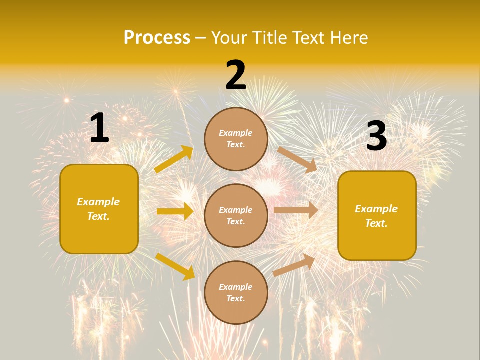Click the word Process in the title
point(157,38)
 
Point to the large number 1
point(99,128)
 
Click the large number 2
point(236,75)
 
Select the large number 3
point(376,136)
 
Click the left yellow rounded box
point(99,209)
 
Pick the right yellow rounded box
point(377,216)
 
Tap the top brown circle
point(236,138)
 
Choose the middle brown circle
point(236,215)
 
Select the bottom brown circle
point(236,292)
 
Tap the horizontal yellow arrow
point(175,211)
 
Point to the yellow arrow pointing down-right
point(175,266)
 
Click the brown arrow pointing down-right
point(297,160)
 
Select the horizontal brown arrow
point(296,210)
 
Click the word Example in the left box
point(98,202)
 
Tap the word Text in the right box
point(376,223)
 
